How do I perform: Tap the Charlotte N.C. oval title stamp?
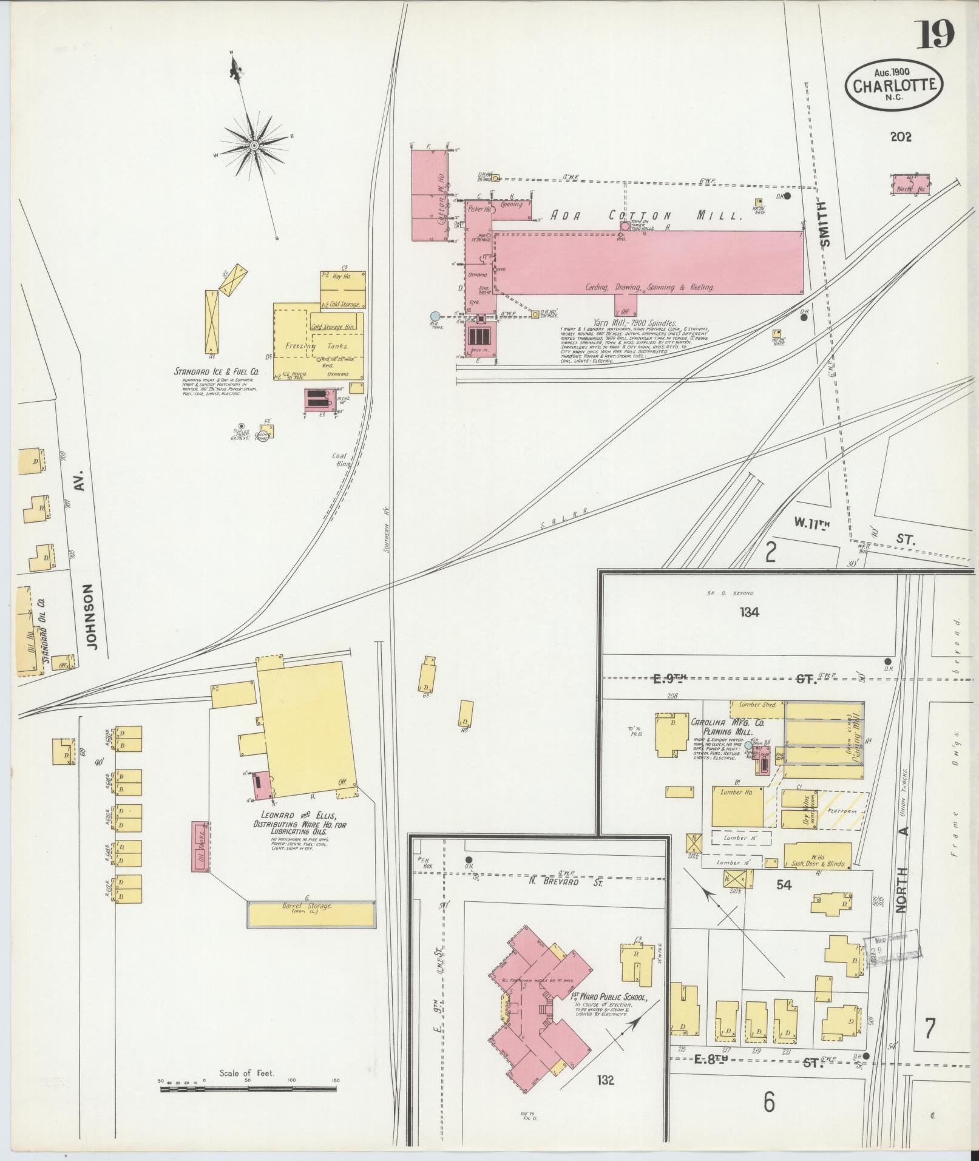(x=894, y=84)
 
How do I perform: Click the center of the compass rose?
(x=254, y=146)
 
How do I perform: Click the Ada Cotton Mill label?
(x=646, y=215)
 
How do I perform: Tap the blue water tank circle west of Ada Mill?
(x=435, y=316)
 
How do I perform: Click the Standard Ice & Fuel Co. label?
(x=217, y=371)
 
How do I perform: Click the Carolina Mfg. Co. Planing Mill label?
(x=720, y=728)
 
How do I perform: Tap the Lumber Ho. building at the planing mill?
(x=737, y=807)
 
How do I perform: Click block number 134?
(x=749, y=612)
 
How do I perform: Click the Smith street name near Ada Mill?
(x=824, y=225)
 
